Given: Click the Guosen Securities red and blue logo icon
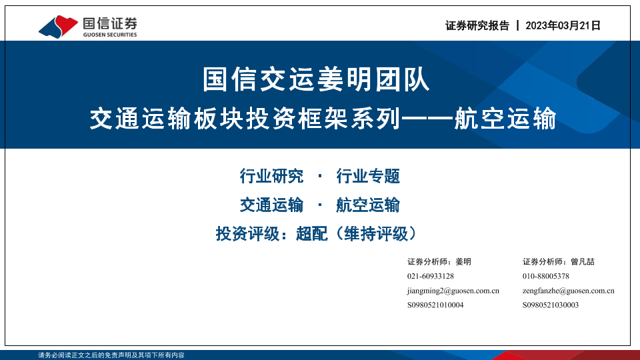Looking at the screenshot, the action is (58, 27).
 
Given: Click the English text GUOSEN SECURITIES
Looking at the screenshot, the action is (110, 35).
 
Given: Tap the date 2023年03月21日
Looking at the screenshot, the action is (563, 26).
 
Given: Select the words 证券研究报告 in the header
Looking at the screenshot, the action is (477, 26).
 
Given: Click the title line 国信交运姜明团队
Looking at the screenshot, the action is (316, 79).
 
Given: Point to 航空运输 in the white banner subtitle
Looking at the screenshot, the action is (505, 119).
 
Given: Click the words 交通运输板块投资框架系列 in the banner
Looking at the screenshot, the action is (245, 119).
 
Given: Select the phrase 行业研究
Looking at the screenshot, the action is (271, 176).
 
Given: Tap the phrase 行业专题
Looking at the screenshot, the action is (368, 176).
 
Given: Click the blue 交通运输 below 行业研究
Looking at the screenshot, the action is (271, 205).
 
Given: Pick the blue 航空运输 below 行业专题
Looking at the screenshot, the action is (368, 205).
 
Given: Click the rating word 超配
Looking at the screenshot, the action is (312, 234).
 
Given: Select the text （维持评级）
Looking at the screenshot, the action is (376, 234).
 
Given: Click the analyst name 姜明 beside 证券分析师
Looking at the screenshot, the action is (463, 261).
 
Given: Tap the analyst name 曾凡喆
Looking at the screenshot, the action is (583, 261).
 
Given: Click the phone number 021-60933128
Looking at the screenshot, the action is (431, 276).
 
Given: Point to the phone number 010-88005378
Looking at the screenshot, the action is (546, 276).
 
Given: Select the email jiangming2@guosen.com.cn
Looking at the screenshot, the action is (453, 291).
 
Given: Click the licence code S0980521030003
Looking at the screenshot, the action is (551, 305).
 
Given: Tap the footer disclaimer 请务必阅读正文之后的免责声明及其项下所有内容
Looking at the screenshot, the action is (111, 355).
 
